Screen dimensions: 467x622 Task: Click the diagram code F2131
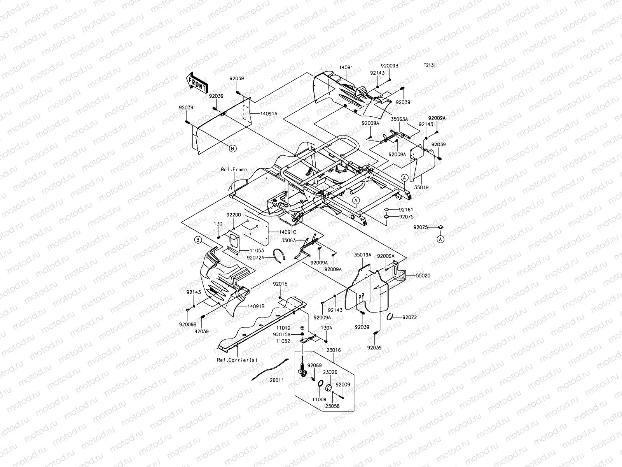pos(430,65)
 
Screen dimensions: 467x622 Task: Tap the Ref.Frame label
pos(234,170)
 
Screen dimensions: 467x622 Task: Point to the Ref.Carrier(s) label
pos(237,360)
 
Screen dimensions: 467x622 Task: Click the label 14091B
pos(256,306)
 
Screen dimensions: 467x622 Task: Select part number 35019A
pos(362,255)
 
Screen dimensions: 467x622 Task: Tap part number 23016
pos(334,350)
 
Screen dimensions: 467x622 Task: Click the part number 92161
pos(406,210)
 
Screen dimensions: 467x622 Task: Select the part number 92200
pos(233,214)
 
